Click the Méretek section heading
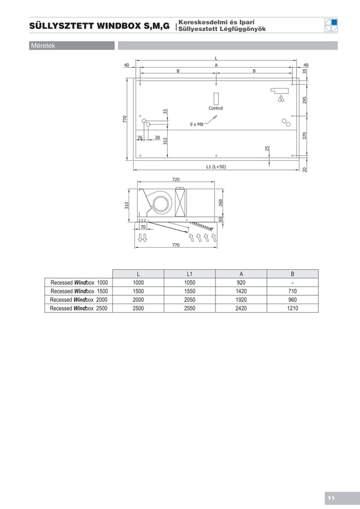(43, 46)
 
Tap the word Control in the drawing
(216, 108)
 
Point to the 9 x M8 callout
(197, 124)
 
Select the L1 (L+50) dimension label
(216, 166)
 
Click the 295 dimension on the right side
(304, 100)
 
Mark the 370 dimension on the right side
(304, 135)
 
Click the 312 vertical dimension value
(165, 141)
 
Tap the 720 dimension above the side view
(176, 179)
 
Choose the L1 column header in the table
(190, 274)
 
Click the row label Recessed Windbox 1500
(79, 291)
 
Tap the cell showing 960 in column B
(292, 300)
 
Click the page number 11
(331, 498)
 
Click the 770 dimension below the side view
(175, 246)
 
